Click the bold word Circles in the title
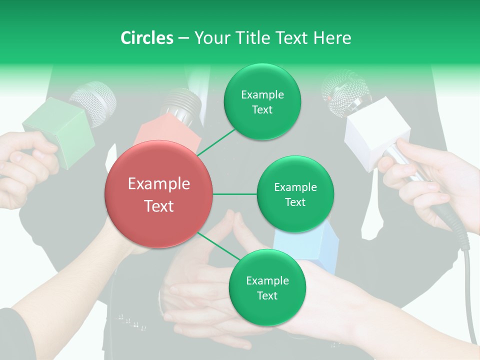(x=146, y=38)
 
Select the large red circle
(x=158, y=194)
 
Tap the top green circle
(x=262, y=101)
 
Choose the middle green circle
(x=295, y=194)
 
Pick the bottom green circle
(x=267, y=287)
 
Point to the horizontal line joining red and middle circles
(x=235, y=194)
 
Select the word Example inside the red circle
(x=158, y=184)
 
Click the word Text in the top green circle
(x=262, y=109)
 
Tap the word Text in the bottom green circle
(x=267, y=295)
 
